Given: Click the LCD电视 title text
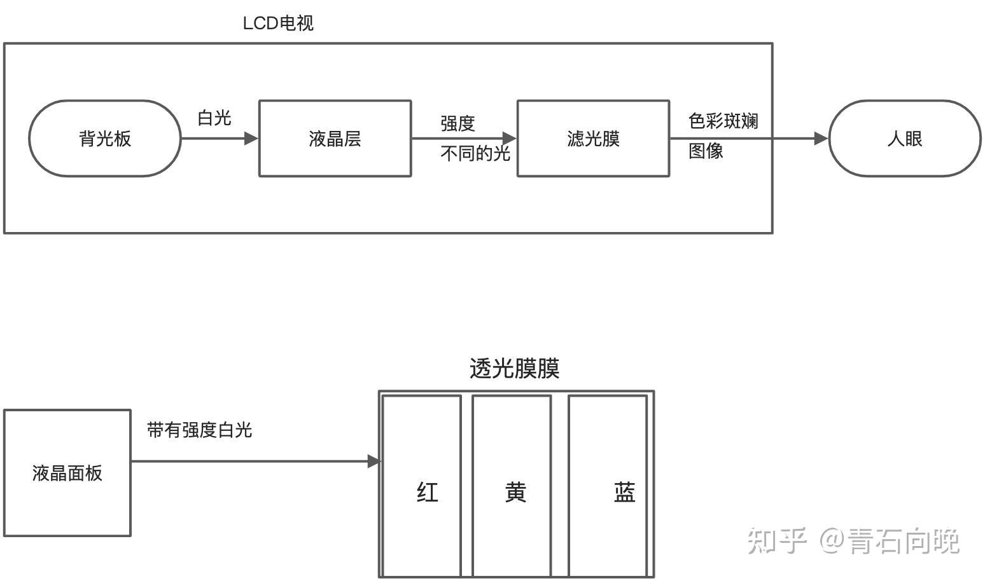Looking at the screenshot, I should (278, 24).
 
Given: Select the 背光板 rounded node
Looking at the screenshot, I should (105, 139).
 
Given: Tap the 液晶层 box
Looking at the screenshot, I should (335, 139).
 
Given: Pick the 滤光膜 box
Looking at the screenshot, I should (593, 139).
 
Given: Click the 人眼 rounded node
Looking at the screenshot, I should (904, 139).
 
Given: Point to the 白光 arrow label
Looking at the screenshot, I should (214, 118).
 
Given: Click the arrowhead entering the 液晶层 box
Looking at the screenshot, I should (251, 138).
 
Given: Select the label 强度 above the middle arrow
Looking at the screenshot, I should (458, 123).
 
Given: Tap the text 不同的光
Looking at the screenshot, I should (475, 153).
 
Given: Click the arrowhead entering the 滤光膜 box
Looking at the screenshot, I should (509, 138).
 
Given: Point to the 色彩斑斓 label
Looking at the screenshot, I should (723, 121).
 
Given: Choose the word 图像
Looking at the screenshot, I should (706, 151).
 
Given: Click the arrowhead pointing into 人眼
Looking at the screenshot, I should (821, 138).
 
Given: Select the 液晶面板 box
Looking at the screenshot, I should (67, 473).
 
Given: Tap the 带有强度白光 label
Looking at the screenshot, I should (200, 430).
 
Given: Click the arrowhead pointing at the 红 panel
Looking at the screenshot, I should (374, 461).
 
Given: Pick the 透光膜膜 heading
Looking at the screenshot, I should (514, 369).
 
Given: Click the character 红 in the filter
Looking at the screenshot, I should (428, 493).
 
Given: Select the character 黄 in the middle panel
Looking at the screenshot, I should (515, 493).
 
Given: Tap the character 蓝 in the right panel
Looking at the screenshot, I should (624, 493).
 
